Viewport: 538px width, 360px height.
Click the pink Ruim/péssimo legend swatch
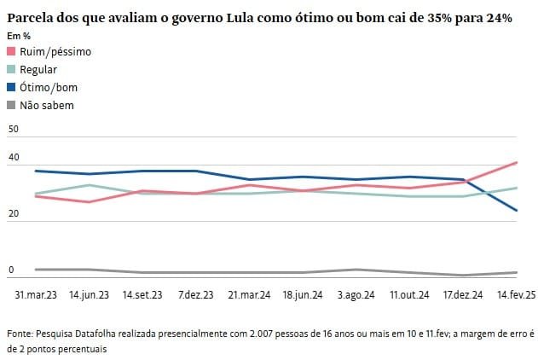11,52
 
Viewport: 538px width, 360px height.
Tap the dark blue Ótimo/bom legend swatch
11,88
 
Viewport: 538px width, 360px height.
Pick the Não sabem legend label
47,106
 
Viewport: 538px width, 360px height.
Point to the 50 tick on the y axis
12,129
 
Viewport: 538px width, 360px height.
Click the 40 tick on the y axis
12,158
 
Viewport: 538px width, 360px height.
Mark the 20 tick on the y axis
12,214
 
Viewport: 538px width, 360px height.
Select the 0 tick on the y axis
11,270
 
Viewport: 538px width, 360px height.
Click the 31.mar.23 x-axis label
36,294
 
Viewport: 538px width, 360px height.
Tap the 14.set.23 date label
142,294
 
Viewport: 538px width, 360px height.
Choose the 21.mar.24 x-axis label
249,294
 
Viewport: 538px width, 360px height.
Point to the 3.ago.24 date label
356,294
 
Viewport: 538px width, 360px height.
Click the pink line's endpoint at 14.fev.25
517,162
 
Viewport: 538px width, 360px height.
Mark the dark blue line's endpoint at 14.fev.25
517,210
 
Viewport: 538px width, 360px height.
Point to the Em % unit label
19,36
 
